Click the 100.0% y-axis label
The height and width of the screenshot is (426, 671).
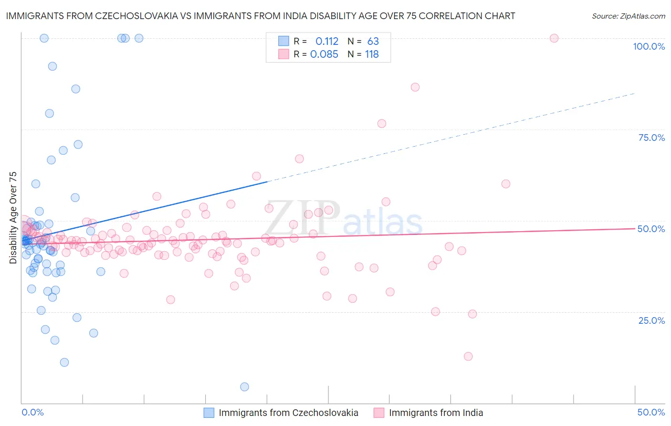(649, 46)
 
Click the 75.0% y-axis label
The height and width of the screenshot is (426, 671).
(651, 138)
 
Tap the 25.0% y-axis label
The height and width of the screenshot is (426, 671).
(651, 320)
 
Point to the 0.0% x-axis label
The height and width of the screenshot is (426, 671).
(32, 412)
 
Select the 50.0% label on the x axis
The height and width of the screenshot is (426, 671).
(651, 412)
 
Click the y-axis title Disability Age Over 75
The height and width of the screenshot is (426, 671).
(13, 218)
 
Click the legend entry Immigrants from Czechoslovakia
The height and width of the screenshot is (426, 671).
(288, 413)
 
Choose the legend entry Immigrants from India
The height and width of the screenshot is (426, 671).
(436, 413)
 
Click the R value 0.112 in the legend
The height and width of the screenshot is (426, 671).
(327, 42)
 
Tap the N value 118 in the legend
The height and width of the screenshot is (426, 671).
(372, 54)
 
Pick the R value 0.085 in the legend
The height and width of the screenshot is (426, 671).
(324, 54)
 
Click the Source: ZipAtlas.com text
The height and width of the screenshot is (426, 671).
(628, 16)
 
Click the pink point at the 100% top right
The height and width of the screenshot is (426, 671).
(554, 38)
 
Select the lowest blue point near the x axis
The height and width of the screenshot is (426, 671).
(244, 387)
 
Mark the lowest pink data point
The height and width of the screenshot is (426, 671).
(468, 356)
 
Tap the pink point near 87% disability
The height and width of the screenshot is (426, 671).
(415, 87)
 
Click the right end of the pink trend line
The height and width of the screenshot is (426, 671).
(635, 228)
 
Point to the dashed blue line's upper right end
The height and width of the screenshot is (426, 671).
(635, 93)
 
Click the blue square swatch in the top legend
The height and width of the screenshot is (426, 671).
(283, 41)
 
